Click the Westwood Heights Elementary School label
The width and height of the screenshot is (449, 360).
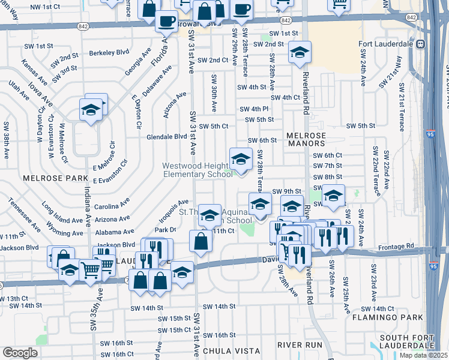(x=197, y=170)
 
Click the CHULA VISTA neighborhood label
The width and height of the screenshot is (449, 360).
(x=231, y=350)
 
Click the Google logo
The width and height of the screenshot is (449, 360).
(x=20, y=352)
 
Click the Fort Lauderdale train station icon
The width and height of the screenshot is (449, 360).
(x=421, y=44)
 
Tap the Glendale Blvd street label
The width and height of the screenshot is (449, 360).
(x=167, y=136)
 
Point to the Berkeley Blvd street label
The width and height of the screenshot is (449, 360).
(x=109, y=53)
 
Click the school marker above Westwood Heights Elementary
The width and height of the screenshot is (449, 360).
(x=241, y=160)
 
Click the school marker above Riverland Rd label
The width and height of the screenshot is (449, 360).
(x=299, y=53)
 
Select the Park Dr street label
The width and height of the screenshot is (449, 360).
(x=165, y=229)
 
